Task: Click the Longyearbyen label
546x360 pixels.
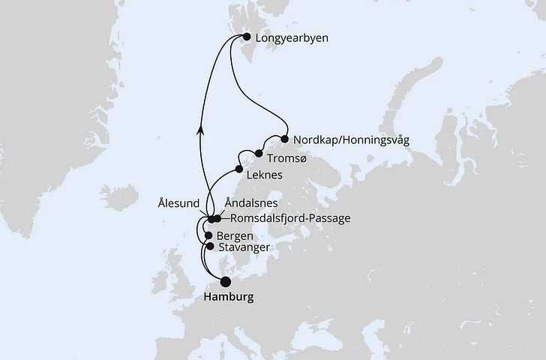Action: point(288,37)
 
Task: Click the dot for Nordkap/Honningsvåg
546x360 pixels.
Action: point(285,138)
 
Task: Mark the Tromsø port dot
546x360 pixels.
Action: point(259,154)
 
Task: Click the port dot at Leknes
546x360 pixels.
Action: point(240,169)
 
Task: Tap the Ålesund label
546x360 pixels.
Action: point(178,202)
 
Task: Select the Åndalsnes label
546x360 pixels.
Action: point(252,203)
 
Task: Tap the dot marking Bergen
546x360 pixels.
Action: point(208,235)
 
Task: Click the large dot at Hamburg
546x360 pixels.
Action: point(225,281)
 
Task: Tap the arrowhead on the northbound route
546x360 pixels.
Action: point(200,130)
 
